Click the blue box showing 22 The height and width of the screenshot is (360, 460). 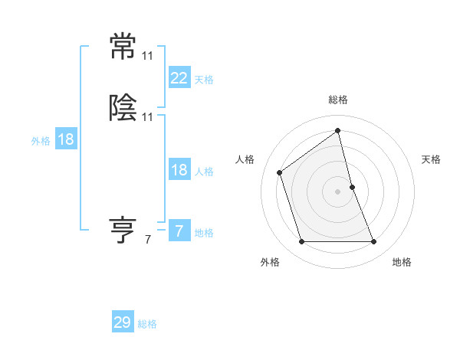click(x=179, y=78)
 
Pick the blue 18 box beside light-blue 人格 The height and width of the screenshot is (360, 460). click(x=179, y=170)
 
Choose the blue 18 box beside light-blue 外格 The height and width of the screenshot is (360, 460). click(x=65, y=139)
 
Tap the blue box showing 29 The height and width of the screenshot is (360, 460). click(x=123, y=322)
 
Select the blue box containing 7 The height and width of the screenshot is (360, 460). click(x=179, y=231)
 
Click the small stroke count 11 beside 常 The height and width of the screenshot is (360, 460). click(x=147, y=56)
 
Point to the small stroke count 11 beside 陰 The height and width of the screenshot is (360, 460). click(x=147, y=117)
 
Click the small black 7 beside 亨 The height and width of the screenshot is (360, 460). click(x=147, y=240)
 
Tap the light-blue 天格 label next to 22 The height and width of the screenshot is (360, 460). click(x=204, y=80)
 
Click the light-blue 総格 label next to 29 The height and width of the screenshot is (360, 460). click(x=147, y=324)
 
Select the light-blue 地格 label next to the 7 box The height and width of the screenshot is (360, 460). click(x=204, y=233)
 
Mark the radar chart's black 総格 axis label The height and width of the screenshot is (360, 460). click(x=338, y=100)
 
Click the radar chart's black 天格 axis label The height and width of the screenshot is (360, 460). click(x=431, y=159)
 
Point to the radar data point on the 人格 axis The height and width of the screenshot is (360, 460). click(x=280, y=172)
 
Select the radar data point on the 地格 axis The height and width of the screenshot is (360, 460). click(x=374, y=242)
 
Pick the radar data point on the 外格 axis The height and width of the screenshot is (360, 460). click(x=301, y=242)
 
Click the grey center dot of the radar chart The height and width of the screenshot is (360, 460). click(x=338, y=191)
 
